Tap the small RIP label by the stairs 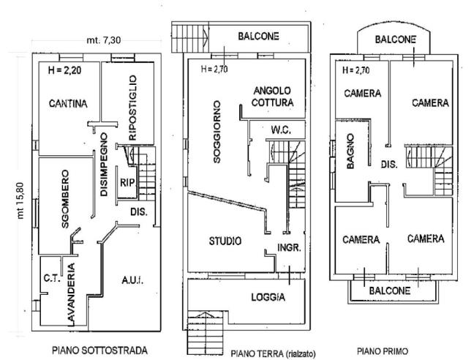(127, 182)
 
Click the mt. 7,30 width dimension (101, 40)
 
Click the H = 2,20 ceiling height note (63, 72)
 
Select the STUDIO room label (225, 241)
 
